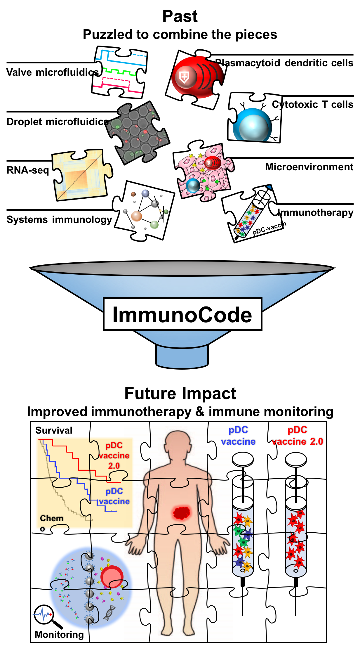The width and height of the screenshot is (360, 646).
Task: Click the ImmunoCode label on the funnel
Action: click(x=182, y=314)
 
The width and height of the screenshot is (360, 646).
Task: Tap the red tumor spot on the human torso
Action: click(x=182, y=512)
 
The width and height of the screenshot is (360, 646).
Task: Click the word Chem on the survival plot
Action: click(x=51, y=518)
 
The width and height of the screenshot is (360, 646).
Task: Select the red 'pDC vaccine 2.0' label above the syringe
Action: click(x=297, y=435)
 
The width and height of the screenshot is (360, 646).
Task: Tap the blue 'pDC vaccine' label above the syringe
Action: click(x=238, y=435)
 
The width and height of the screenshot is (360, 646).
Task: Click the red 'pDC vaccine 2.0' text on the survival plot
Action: click(x=114, y=456)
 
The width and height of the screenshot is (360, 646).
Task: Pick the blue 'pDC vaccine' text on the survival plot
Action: click(x=114, y=496)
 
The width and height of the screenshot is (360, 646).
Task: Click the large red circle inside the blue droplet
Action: click(x=112, y=577)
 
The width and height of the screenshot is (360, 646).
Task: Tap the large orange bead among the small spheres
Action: click(x=136, y=216)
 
